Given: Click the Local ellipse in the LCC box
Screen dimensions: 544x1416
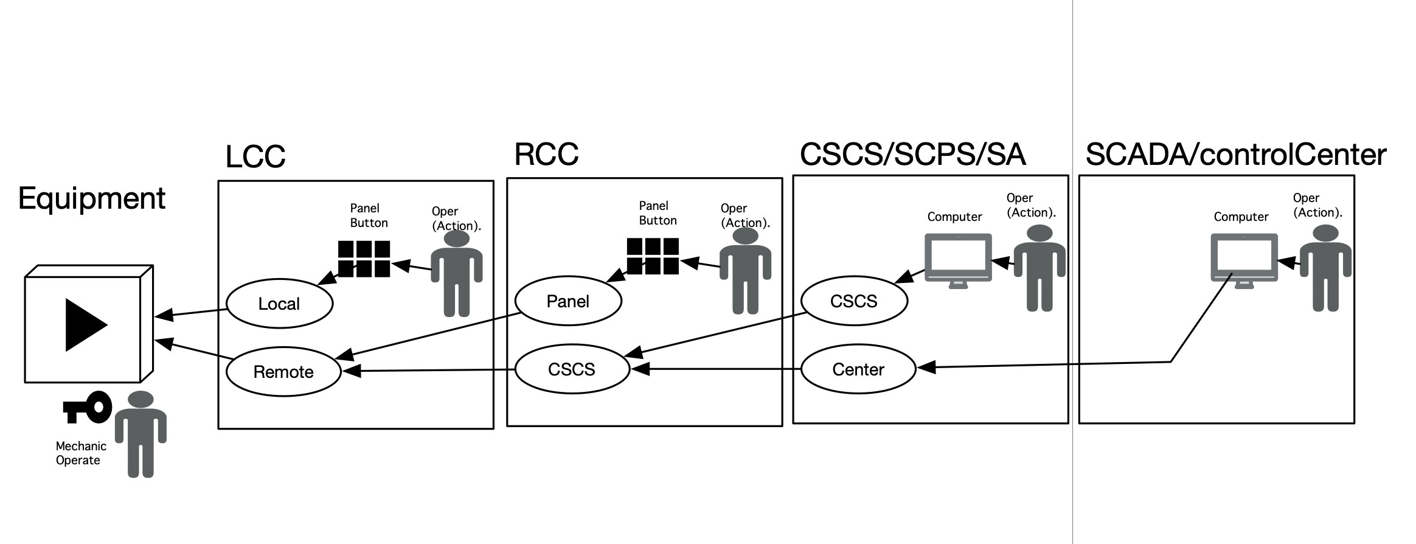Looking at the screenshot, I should pyautogui.click(x=279, y=303).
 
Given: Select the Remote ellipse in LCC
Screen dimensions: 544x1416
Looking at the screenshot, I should pyautogui.click(x=283, y=371).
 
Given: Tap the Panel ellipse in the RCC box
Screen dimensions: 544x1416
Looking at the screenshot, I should pyautogui.click(x=567, y=301).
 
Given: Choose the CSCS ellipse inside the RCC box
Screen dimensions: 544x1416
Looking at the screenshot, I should pyautogui.click(x=571, y=369).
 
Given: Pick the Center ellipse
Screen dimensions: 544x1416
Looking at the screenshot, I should pyautogui.click(x=858, y=369).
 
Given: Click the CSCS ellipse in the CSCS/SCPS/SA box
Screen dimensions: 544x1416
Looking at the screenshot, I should pyautogui.click(x=853, y=301).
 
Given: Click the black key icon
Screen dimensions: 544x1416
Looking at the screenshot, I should pyautogui.click(x=88, y=407).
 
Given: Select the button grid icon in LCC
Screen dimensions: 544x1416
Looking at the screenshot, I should pyautogui.click(x=364, y=259).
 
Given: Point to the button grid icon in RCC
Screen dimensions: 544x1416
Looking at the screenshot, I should pyautogui.click(x=653, y=256).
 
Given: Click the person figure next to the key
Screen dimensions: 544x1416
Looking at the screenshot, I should pyautogui.click(x=141, y=433).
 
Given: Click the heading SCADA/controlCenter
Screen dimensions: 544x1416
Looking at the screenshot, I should pyautogui.click(x=1235, y=155).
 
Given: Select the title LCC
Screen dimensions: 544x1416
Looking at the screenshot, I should pyautogui.click(x=255, y=157).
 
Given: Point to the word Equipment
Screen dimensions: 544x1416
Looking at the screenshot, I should pyautogui.click(x=91, y=198).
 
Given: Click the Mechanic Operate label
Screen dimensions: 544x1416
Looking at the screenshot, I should pyautogui.click(x=80, y=453).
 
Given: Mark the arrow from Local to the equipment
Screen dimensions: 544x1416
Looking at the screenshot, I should pyautogui.click(x=192, y=313).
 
